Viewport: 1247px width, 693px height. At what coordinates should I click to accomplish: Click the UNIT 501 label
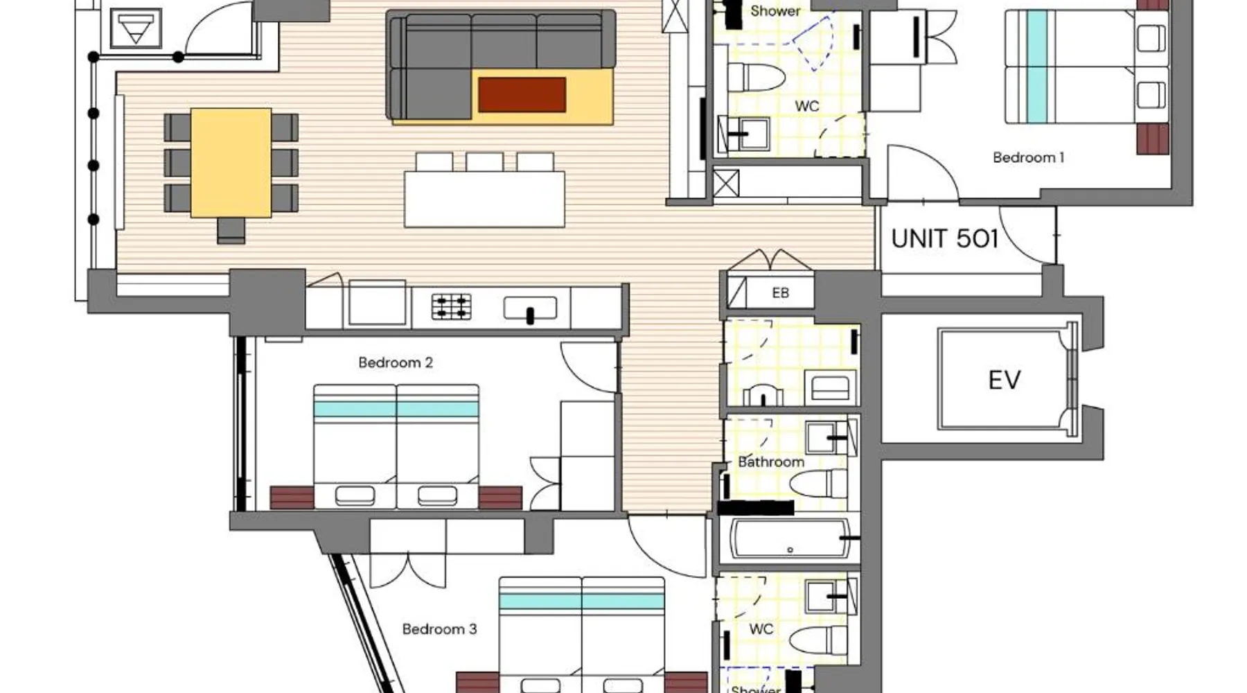coord(944,238)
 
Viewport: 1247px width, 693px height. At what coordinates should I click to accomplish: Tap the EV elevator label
coord(1004,380)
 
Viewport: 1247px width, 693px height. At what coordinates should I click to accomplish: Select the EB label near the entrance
coord(780,293)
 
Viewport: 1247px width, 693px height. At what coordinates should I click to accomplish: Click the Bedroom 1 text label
coord(1028,157)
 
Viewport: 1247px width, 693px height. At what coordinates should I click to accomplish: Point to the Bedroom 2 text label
coord(396,362)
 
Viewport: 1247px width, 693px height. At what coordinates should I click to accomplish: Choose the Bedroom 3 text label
coord(439,629)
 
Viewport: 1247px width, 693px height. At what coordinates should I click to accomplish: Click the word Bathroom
coord(771,462)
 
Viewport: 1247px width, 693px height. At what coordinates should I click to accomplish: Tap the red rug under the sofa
coord(522,95)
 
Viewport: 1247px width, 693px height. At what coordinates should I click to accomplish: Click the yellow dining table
coord(231,163)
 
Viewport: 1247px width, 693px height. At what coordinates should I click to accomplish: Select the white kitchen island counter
coord(484,200)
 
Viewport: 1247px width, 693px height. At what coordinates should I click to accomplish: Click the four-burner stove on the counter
coord(451,306)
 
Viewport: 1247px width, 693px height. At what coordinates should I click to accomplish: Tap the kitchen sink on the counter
coord(530,308)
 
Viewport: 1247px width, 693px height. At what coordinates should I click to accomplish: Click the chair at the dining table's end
coord(231,230)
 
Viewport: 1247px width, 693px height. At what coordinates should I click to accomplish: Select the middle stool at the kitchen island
coord(484,162)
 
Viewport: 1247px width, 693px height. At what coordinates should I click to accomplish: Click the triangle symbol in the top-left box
coord(136,29)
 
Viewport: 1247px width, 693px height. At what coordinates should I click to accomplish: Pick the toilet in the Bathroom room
coord(818,484)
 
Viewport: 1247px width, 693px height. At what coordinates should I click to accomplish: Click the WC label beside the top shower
coord(807,106)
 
